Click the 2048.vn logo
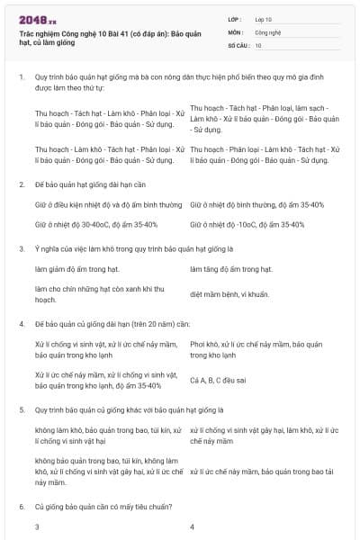[x=38, y=18]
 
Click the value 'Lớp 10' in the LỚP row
[x=265, y=19]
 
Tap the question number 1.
[x=22, y=77]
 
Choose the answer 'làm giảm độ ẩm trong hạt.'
[x=77, y=269]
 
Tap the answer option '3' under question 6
[x=38, y=526]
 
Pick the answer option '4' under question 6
[x=193, y=526]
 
